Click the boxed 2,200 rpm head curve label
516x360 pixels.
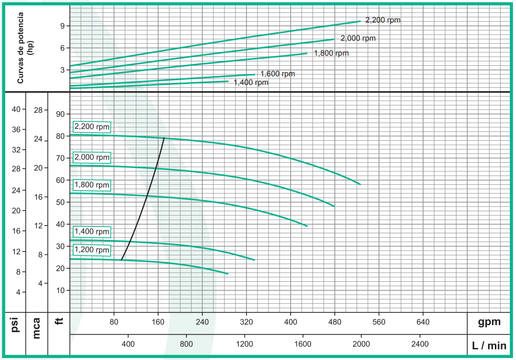tap(92, 127)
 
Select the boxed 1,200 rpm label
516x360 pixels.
tap(92, 250)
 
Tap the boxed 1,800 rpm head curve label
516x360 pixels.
tap(92, 185)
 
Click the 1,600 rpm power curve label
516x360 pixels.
tap(278, 74)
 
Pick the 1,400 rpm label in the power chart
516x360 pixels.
tap(251, 83)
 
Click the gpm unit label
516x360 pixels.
tap(489, 322)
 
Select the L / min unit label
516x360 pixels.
tap(489, 346)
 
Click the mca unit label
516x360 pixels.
tap(37, 327)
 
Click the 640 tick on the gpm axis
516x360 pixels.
tap(423, 322)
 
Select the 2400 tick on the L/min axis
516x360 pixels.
tap(420, 344)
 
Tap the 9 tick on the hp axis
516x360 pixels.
tap(62, 26)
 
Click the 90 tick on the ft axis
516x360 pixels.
tap(60, 114)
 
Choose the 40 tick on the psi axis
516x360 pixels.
tap(16, 109)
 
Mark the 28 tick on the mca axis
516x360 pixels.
tap(37, 110)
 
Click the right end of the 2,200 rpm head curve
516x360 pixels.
tap(360, 184)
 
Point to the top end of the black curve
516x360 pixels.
tap(164, 138)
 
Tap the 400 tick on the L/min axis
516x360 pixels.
tap(128, 344)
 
